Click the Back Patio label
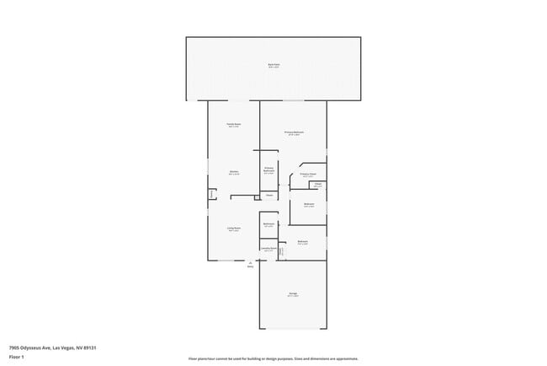pyautogui.click(x=273, y=65)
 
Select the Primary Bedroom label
pyautogui.click(x=293, y=132)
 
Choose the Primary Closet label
pyautogui.click(x=308, y=175)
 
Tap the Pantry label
pyautogui.click(x=211, y=195)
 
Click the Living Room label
pyautogui.click(x=233, y=229)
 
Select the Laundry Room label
pyautogui.click(x=268, y=249)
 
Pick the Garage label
pyautogui.click(x=292, y=294)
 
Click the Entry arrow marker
pyautogui.click(x=250, y=262)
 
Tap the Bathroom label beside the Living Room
pyautogui.click(x=268, y=225)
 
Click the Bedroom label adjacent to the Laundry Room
pyautogui.click(x=302, y=242)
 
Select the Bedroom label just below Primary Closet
pyautogui.click(x=309, y=204)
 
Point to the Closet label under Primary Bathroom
pyautogui.click(x=268, y=196)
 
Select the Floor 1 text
pyautogui.click(x=17, y=357)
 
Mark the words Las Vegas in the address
pyautogui.click(x=62, y=347)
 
